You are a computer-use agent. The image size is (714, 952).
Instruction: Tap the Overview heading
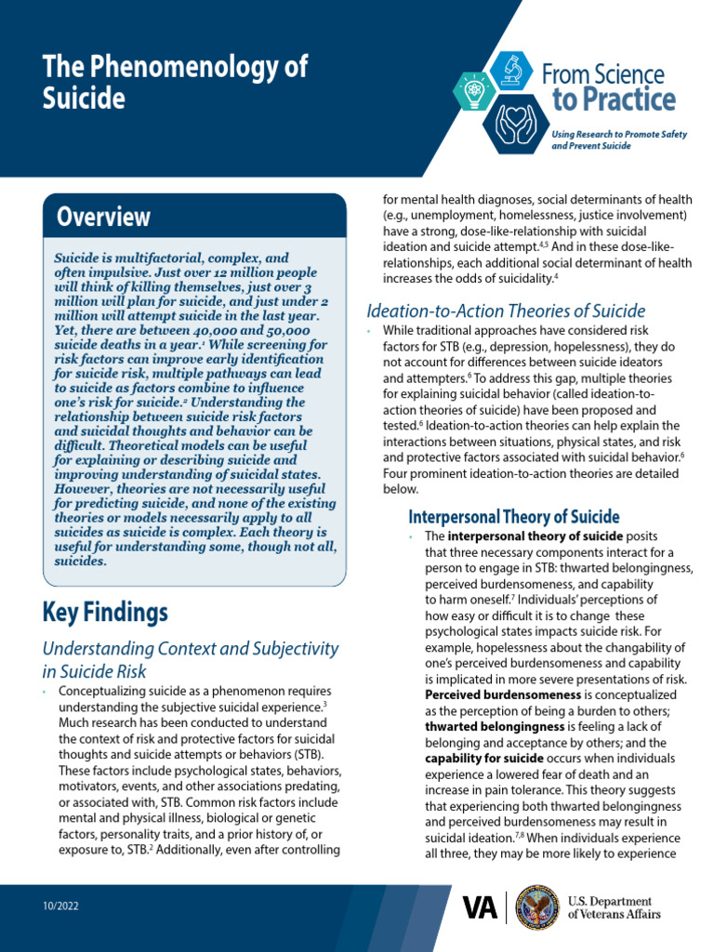[x=103, y=217]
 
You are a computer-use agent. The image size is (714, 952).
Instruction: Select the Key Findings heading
[x=105, y=612]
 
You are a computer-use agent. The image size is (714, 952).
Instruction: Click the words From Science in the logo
[x=602, y=74]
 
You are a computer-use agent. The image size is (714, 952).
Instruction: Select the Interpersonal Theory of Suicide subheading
[x=513, y=517]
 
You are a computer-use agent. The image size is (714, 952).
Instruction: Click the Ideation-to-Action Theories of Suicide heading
[x=506, y=311]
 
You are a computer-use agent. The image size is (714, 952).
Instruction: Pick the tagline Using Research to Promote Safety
[x=619, y=135]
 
